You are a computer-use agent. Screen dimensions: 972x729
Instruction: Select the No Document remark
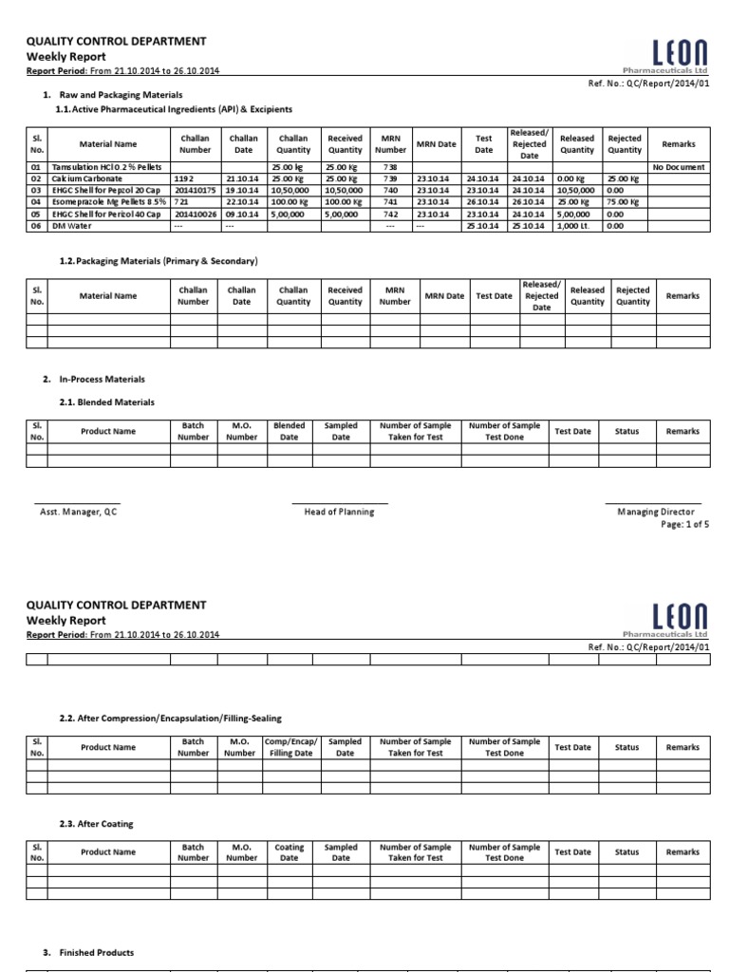679,167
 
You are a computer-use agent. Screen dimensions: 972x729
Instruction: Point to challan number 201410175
195,190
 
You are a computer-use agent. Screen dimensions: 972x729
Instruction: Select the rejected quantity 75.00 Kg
624,201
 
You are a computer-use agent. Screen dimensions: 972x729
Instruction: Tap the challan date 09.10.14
242,214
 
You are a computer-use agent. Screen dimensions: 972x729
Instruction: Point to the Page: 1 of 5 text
684,524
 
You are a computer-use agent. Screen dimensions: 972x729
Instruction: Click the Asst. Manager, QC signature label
78,512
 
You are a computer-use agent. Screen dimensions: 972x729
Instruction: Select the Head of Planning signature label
339,512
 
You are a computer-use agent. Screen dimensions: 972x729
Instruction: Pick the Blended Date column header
289,432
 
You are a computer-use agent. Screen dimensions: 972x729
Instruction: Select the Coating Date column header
289,852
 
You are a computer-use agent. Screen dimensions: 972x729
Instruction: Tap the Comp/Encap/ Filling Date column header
289,747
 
